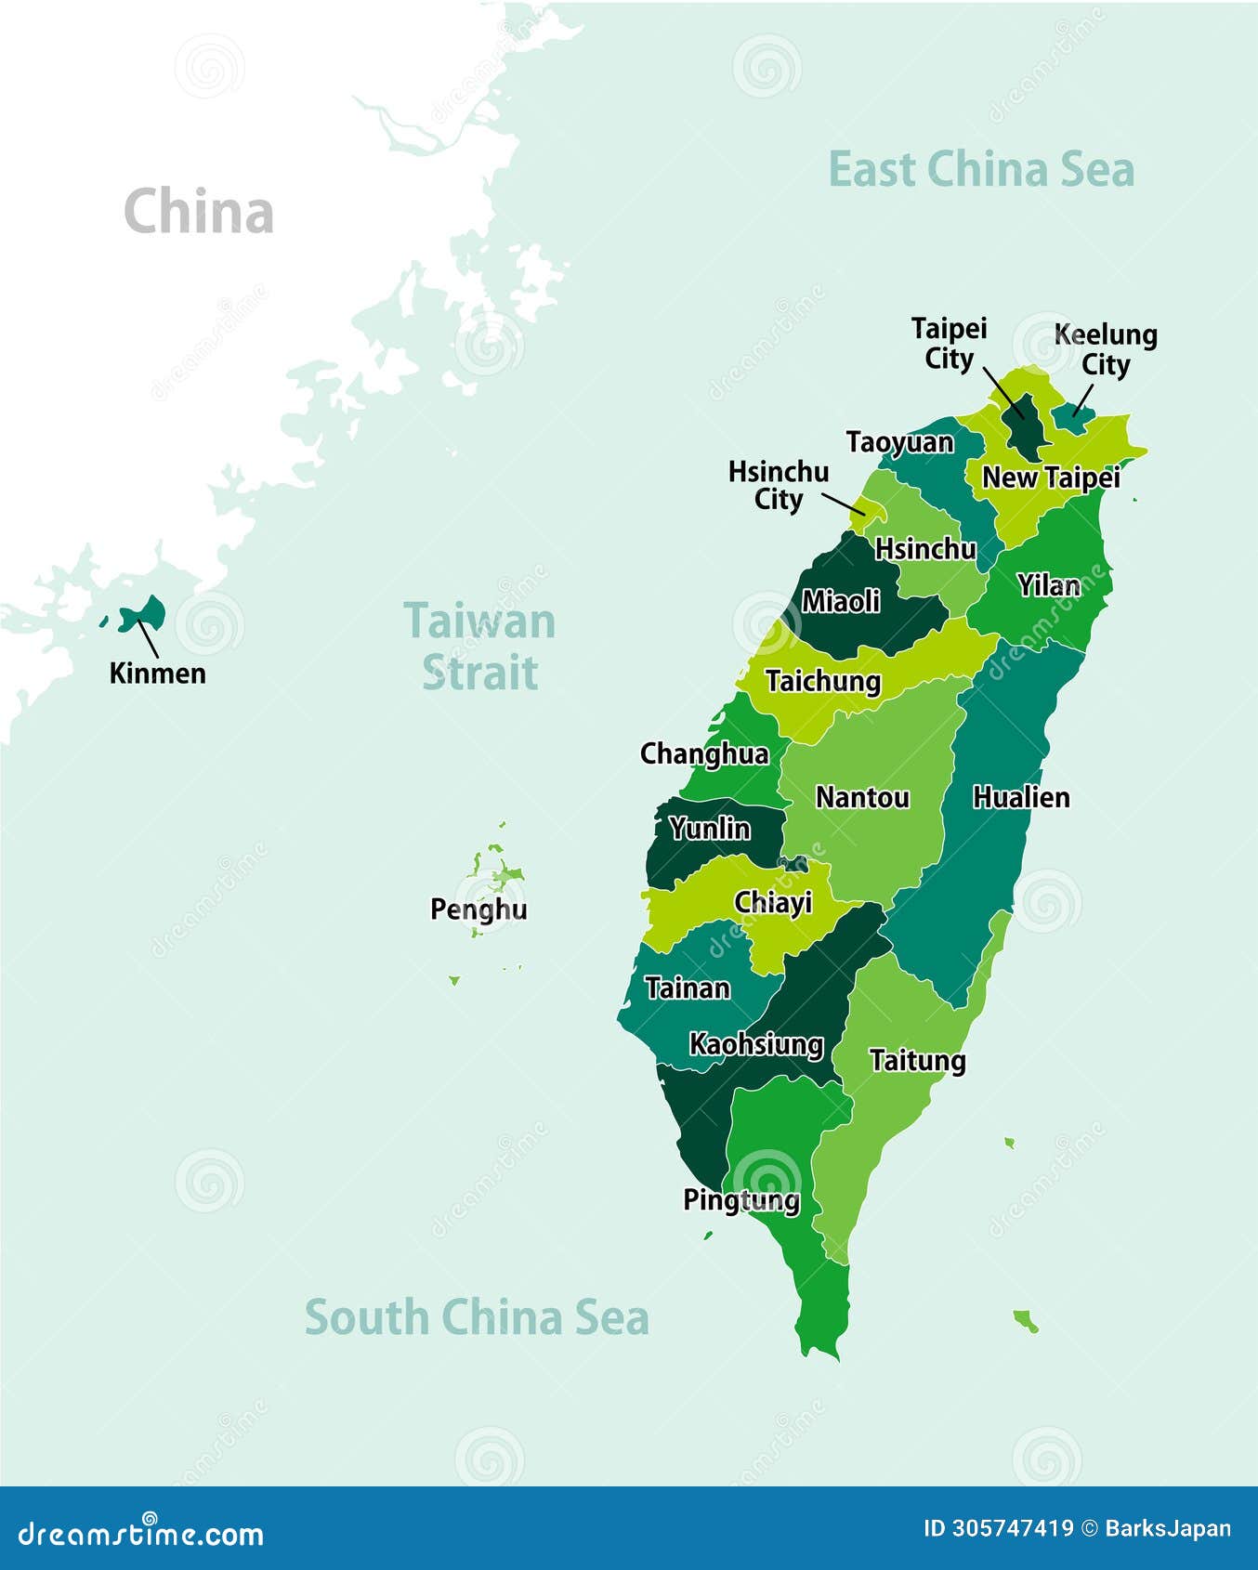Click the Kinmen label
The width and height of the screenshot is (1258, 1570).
coord(157,673)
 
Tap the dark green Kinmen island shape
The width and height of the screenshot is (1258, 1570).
coord(146,613)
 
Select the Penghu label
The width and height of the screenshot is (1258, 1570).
coord(478,909)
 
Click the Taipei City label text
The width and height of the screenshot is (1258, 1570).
coord(949,344)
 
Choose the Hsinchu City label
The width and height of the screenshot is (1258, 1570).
coord(779,485)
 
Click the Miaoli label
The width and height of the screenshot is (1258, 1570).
coord(841,601)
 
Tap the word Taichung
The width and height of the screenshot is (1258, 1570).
coord(823,681)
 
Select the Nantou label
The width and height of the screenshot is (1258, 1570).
coord(862,797)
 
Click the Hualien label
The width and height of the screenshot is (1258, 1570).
coord(1021,797)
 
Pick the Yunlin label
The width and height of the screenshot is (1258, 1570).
coord(710,828)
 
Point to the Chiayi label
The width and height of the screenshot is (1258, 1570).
coord(773,902)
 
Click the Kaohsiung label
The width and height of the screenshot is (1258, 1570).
coord(756,1044)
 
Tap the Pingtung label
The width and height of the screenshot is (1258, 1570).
coord(741,1200)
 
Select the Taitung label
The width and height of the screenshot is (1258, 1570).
coord(917,1060)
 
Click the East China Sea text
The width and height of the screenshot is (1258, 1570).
coord(981,170)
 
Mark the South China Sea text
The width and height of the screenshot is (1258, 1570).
coord(477,1317)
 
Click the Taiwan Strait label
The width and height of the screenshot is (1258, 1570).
coord(479,646)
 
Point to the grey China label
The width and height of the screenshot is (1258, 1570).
coord(199,212)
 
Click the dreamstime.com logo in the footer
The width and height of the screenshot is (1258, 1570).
coord(141,1534)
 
